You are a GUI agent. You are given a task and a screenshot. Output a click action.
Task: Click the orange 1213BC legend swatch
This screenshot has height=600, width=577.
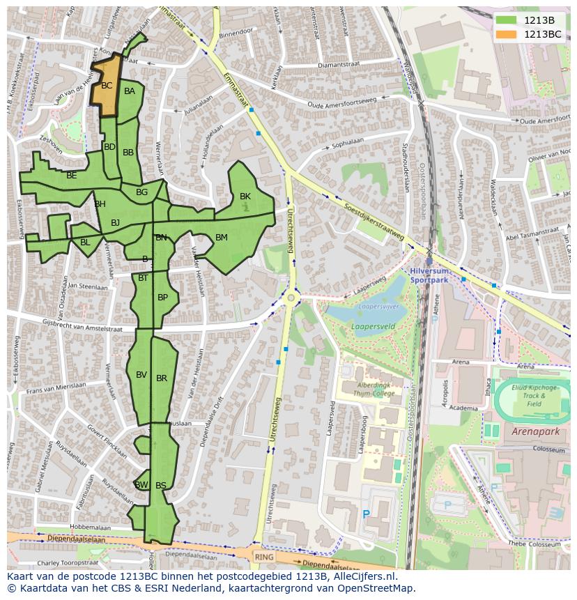click(507, 33)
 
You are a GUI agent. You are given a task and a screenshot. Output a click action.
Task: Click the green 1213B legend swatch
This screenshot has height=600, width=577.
click(507, 20)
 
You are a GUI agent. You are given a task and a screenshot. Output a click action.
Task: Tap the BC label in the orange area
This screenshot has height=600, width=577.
click(107, 86)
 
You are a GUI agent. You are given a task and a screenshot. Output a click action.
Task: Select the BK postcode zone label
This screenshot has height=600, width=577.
click(245, 197)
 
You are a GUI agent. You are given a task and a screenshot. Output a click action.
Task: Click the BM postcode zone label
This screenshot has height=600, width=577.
click(221, 238)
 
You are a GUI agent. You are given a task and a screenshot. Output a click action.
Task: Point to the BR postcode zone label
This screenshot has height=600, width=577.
click(162, 378)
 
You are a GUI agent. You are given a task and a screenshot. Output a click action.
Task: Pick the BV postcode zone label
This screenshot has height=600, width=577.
click(141, 375)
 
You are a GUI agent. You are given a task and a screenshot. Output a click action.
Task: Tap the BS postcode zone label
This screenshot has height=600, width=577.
click(161, 486)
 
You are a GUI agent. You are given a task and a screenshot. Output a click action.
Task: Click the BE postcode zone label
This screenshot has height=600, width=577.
click(72, 176)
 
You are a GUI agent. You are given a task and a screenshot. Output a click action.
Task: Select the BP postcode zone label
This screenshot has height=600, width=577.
click(162, 298)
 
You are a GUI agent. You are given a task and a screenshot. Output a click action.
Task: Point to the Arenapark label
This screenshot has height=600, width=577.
click(535, 432)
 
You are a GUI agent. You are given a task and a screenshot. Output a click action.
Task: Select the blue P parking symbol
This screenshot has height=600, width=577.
click(366, 515)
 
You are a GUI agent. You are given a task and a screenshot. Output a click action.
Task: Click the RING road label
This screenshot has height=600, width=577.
click(264, 557)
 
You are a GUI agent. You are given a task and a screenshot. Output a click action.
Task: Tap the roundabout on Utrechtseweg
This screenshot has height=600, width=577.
click(291, 298)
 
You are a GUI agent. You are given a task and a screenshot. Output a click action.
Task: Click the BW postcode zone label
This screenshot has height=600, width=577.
click(141, 485)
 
